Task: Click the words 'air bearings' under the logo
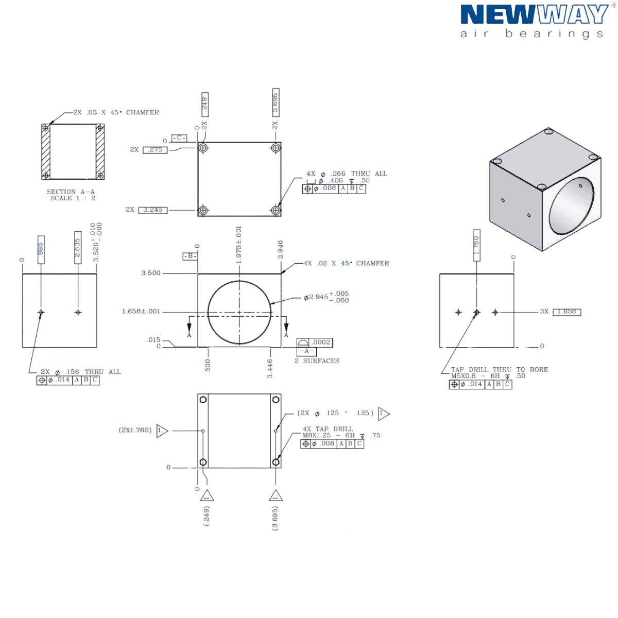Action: click(x=531, y=35)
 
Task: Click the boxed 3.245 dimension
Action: click(x=153, y=210)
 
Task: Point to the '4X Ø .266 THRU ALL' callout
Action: click(x=347, y=174)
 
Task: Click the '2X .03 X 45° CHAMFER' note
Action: click(x=115, y=112)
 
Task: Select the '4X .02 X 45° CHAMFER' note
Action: click(x=346, y=263)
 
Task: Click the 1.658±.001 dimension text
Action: click(x=141, y=312)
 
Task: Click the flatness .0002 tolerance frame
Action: click(x=315, y=342)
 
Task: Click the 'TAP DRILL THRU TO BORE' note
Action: click(x=500, y=369)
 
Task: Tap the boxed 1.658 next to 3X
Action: click(x=566, y=312)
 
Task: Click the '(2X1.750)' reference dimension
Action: click(x=135, y=430)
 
